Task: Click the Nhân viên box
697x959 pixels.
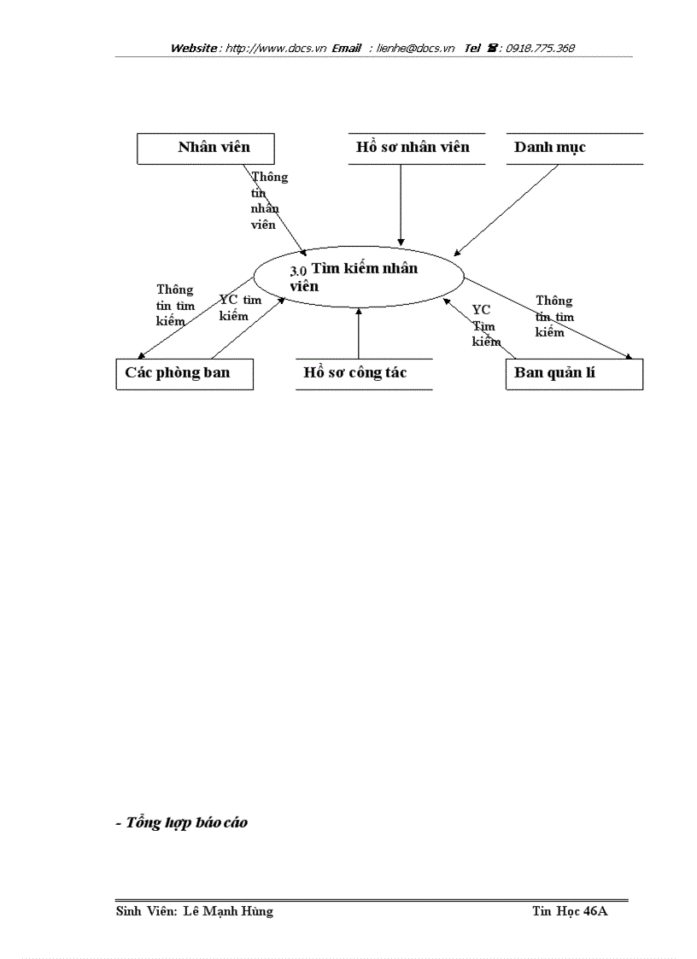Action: point(206,148)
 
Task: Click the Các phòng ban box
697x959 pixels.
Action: point(184,374)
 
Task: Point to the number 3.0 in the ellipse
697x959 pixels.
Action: point(298,271)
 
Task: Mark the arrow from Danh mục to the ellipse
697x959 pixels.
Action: point(508,208)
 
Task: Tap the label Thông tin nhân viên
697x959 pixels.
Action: point(269,201)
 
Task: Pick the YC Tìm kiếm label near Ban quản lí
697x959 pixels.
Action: point(485,325)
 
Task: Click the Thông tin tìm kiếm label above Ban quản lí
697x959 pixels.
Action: point(554,316)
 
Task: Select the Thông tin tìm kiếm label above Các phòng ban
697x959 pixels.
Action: point(176,305)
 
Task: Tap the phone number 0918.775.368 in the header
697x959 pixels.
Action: point(540,49)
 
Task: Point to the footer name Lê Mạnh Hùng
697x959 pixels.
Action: point(228,911)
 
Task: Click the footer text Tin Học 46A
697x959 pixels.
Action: point(569,911)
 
